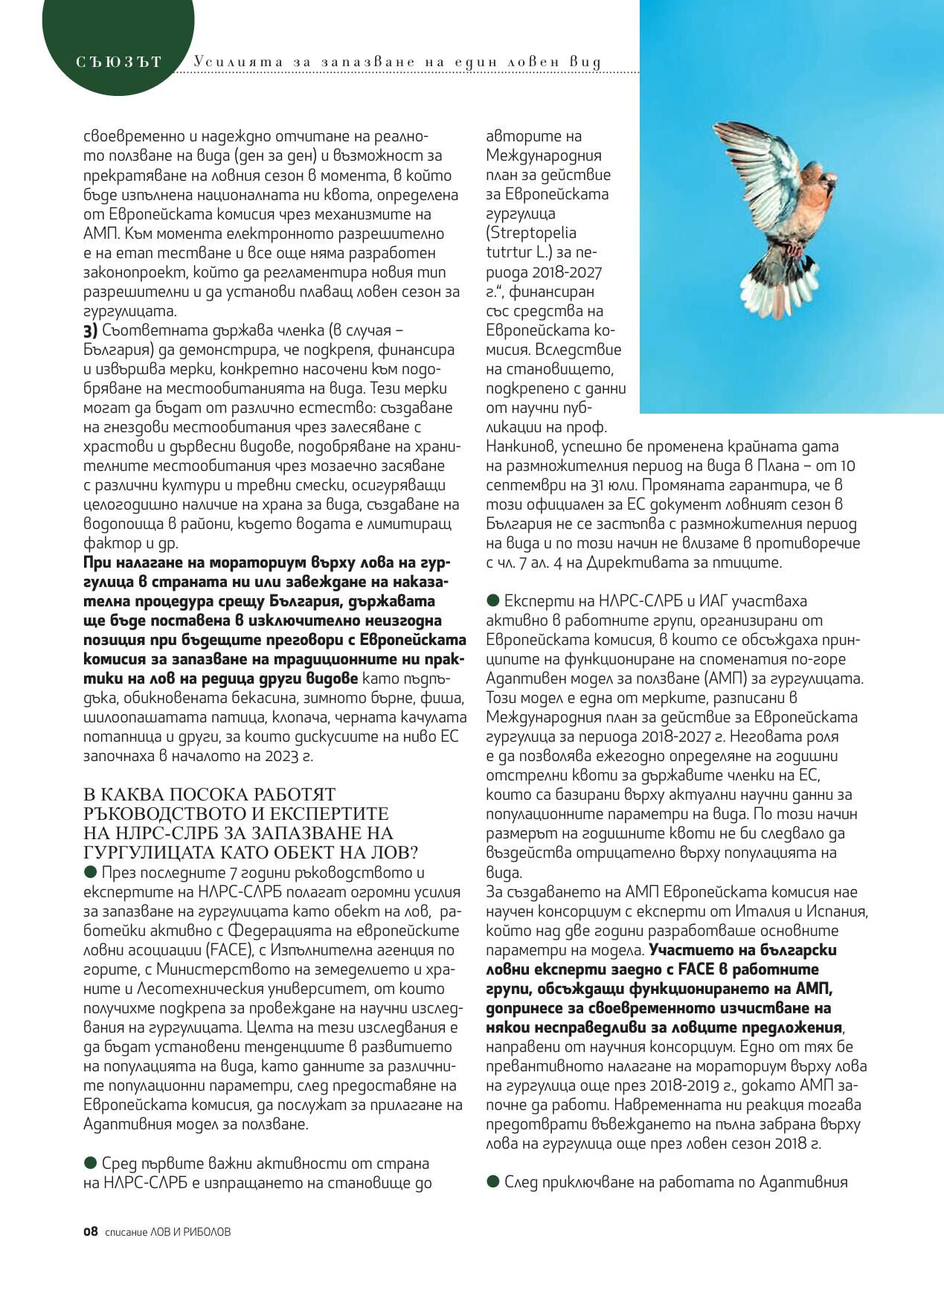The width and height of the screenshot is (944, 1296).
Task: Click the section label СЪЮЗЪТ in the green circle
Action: (x=118, y=62)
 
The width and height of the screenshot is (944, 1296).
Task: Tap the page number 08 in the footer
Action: (x=90, y=1231)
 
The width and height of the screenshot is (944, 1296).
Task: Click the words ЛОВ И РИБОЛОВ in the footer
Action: (x=190, y=1232)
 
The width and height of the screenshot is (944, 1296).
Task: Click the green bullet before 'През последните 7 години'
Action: (x=91, y=871)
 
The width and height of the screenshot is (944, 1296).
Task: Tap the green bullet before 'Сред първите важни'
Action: (x=91, y=1162)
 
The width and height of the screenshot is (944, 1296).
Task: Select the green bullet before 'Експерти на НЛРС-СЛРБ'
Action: (x=492, y=600)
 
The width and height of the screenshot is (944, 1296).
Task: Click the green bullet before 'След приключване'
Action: (x=492, y=1181)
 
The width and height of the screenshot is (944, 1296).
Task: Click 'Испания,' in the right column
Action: (x=841, y=911)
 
